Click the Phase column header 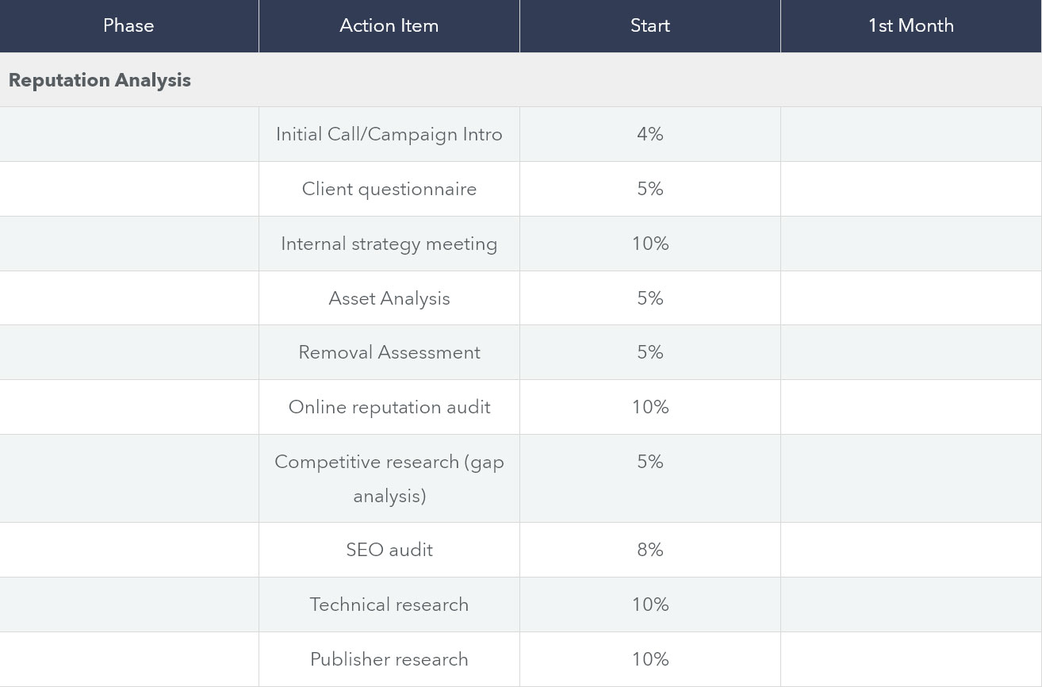coord(128,25)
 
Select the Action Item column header coord(389,25)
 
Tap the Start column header coord(649,25)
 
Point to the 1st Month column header coord(910,25)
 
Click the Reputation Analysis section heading coord(100,80)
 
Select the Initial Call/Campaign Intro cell coord(389,134)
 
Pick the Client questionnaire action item coord(389,189)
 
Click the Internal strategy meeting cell coord(389,244)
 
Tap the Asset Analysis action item coord(389,298)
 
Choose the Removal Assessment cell coord(389,352)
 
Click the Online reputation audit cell coord(389,407)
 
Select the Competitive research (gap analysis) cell coord(389,478)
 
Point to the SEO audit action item coord(389,550)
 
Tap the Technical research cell coord(389,604)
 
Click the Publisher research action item coord(389,659)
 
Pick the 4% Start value coord(649,134)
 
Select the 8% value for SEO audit coord(649,550)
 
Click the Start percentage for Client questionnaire coord(649,189)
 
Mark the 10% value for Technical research coord(649,604)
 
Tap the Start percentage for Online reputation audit coord(649,407)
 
